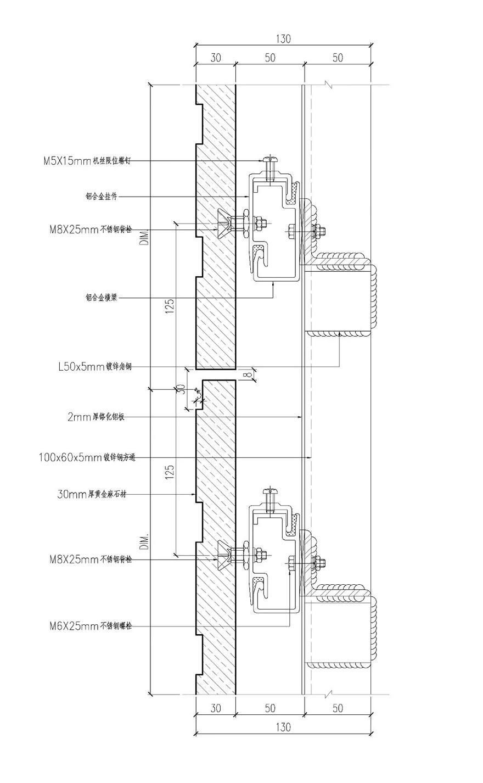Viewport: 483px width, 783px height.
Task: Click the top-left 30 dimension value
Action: tap(215, 58)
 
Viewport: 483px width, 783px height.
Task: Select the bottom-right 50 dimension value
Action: tap(338, 708)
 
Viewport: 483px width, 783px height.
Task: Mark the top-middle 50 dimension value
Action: tap(269, 58)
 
